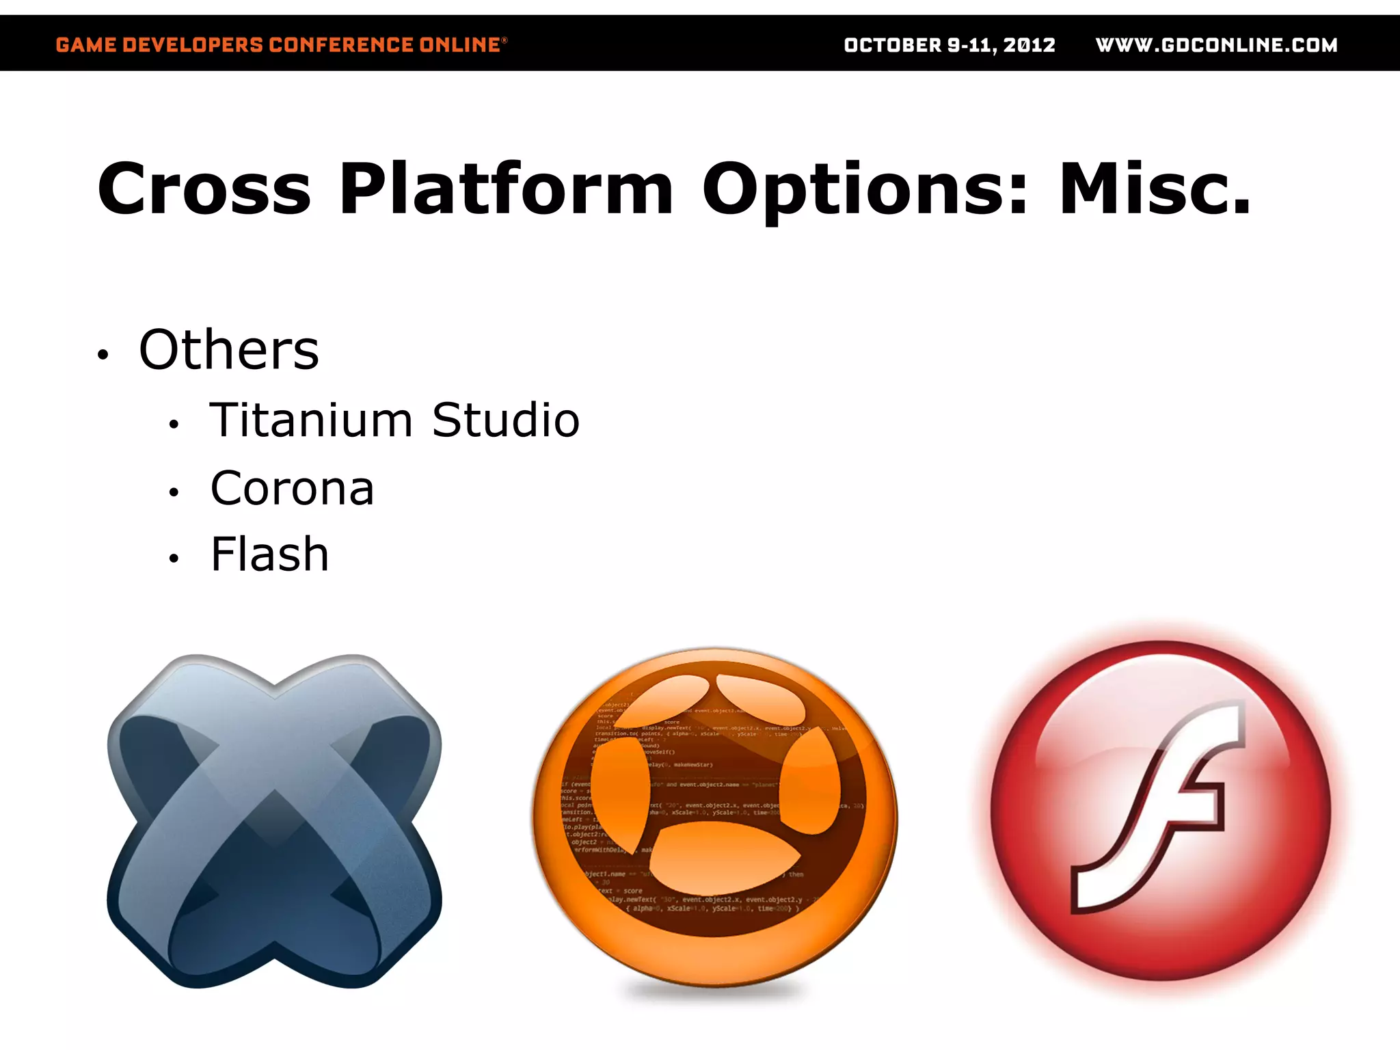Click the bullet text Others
(x=229, y=350)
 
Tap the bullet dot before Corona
(x=174, y=492)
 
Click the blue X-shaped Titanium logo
(x=274, y=820)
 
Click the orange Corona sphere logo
(x=715, y=817)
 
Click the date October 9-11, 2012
(x=949, y=45)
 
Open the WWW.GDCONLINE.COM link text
(x=1216, y=45)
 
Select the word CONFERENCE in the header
(x=340, y=45)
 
